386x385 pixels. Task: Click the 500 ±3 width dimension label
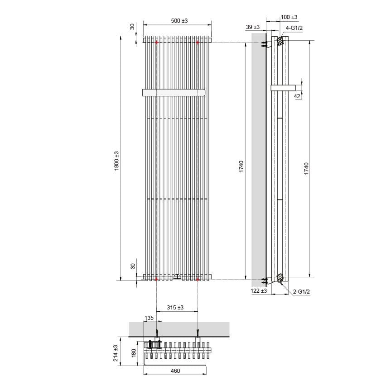coord(179,21)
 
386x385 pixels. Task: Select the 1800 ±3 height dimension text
coord(116,161)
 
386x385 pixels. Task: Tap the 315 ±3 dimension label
coord(175,307)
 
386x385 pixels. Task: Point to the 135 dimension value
coord(149,318)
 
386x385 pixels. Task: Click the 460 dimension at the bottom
coord(175,371)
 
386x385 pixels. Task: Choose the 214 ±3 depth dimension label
coord(116,353)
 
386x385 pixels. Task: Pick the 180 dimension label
coord(134,353)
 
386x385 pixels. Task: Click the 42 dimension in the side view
coord(297,96)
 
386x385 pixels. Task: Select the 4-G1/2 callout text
coord(294,28)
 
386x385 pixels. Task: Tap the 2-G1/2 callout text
coord(301,292)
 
